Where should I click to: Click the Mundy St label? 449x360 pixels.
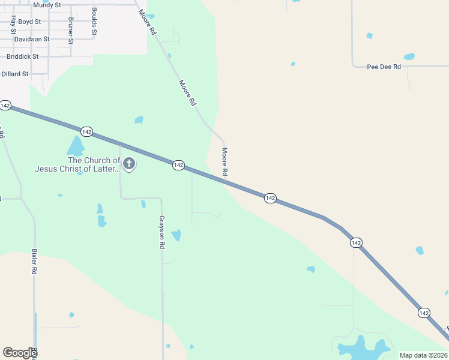pos(47,5)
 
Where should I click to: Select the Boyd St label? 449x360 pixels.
pos(29,22)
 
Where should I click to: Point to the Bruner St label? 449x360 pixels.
pos(71,30)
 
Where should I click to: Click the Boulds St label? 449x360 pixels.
pos(94,22)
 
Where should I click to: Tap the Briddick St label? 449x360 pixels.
pos(22,56)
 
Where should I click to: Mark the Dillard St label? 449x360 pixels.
pos(15,74)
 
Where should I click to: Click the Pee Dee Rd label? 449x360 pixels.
pos(384,67)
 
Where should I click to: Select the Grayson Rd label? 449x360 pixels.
pos(161,232)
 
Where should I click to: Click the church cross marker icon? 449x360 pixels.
pos(128,164)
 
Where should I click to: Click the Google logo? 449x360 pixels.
pos(20,353)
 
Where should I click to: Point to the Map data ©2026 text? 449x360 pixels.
pos(423,355)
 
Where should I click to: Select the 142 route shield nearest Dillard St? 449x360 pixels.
pos(5,106)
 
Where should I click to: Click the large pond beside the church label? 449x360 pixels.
pos(76,146)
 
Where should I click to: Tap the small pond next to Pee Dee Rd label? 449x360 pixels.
pos(409,57)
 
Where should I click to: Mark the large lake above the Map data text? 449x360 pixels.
pos(360,347)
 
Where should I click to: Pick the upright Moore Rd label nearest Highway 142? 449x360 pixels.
pos(225,162)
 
